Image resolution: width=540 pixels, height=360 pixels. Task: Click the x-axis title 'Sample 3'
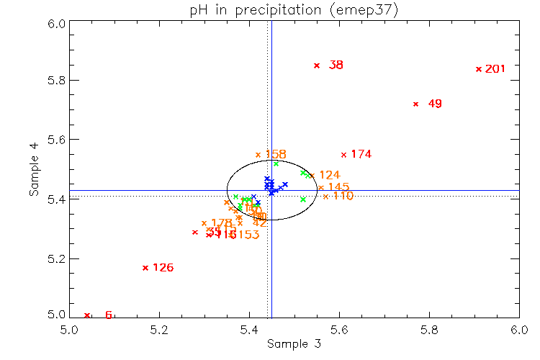pos(294,344)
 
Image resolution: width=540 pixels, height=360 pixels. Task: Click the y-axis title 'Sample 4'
pos(34,170)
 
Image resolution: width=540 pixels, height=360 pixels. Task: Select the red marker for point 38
pos(316,66)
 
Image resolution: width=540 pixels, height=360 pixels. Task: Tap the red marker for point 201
pos(479,69)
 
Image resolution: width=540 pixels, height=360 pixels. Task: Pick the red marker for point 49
pos(415,104)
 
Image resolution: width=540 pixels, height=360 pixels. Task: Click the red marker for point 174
pos(343,154)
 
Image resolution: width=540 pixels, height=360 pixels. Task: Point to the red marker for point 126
pos(145,268)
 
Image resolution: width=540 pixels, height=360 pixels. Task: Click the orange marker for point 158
pos(258,155)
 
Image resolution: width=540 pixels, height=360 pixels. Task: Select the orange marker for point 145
pos(320,188)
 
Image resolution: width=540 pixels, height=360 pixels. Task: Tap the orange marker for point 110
pos(325,197)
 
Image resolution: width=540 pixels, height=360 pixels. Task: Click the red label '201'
pos(495,69)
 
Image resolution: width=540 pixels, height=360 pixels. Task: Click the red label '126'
pos(163,268)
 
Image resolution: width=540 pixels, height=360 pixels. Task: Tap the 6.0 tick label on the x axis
pos(518,330)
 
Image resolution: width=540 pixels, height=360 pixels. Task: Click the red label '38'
pos(336,66)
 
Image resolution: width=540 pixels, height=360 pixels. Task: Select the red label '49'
pos(435,104)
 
